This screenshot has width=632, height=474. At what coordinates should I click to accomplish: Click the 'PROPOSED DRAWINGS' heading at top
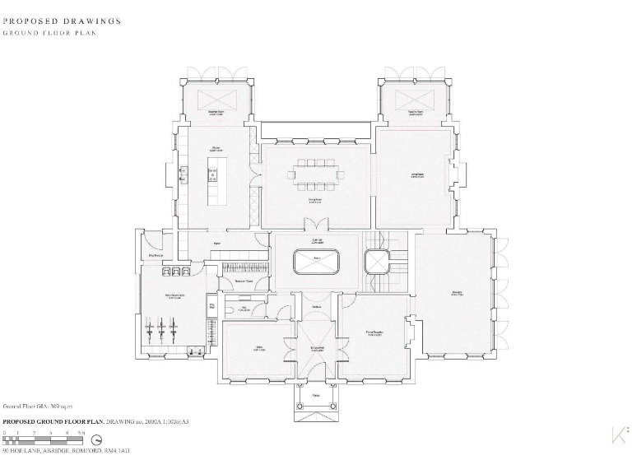click(63, 21)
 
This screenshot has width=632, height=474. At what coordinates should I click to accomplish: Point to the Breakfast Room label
click(216, 113)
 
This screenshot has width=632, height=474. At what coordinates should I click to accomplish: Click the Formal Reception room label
click(376, 333)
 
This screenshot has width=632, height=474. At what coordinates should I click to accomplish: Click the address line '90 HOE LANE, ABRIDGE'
click(66, 451)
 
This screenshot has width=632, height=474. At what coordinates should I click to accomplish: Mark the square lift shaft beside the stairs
click(377, 263)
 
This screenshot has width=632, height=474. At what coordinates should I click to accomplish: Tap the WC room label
click(245, 309)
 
